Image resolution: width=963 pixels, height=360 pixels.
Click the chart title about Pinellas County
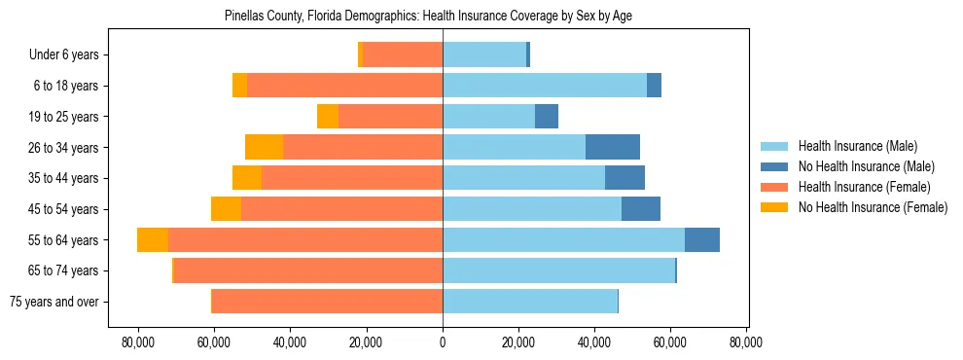pos(429,17)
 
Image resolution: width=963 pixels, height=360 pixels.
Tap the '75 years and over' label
pos(53,302)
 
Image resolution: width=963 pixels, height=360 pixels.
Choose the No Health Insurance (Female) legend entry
pos(873,207)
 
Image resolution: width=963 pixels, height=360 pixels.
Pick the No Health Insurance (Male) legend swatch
pos(774,166)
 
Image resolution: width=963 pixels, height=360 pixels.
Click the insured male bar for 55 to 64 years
pos(563,240)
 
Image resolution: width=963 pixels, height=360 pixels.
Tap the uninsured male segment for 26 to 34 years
pos(613,147)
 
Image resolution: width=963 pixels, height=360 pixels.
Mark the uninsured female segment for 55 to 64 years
pos(153,240)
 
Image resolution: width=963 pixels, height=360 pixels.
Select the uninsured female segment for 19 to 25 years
pos(328,117)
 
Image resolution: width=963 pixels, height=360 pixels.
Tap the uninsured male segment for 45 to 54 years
pos(641,209)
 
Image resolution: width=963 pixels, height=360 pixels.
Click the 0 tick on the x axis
pos(443,342)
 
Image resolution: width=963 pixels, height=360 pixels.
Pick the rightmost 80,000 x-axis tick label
pos(746,342)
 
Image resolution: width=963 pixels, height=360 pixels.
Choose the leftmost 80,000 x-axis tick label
pos(138,342)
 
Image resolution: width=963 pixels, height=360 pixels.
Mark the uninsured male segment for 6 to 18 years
pos(655,86)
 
